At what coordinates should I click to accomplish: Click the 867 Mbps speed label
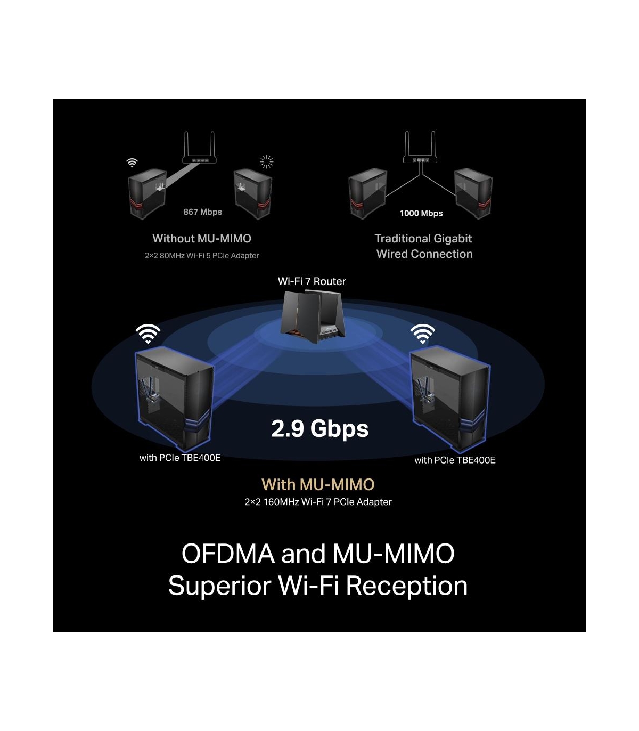(x=202, y=212)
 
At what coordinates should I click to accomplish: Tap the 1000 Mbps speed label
(x=421, y=213)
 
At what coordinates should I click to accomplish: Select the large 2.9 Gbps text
(x=319, y=429)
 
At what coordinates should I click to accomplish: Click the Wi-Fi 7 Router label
(x=312, y=281)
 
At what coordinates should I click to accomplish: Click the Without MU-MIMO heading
(x=202, y=239)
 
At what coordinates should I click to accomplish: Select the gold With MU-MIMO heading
(x=318, y=484)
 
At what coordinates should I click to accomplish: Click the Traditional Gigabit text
(x=423, y=239)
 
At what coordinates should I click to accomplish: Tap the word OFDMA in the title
(x=228, y=554)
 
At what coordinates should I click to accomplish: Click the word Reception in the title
(x=407, y=586)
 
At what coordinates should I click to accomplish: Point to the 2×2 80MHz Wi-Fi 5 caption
(x=202, y=256)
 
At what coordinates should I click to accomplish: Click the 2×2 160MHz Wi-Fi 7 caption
(x=318, y=502)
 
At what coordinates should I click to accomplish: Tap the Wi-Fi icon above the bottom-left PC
(x=148, y=334)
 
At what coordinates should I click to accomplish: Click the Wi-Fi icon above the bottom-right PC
(x=423, y=334)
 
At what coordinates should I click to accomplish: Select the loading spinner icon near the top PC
(x=266, y=161)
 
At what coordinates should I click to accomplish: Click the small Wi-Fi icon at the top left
(x=132, y=163)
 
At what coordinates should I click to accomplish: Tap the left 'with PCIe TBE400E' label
(x=179, y=458)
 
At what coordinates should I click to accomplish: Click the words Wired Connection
(x=424, y=254)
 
